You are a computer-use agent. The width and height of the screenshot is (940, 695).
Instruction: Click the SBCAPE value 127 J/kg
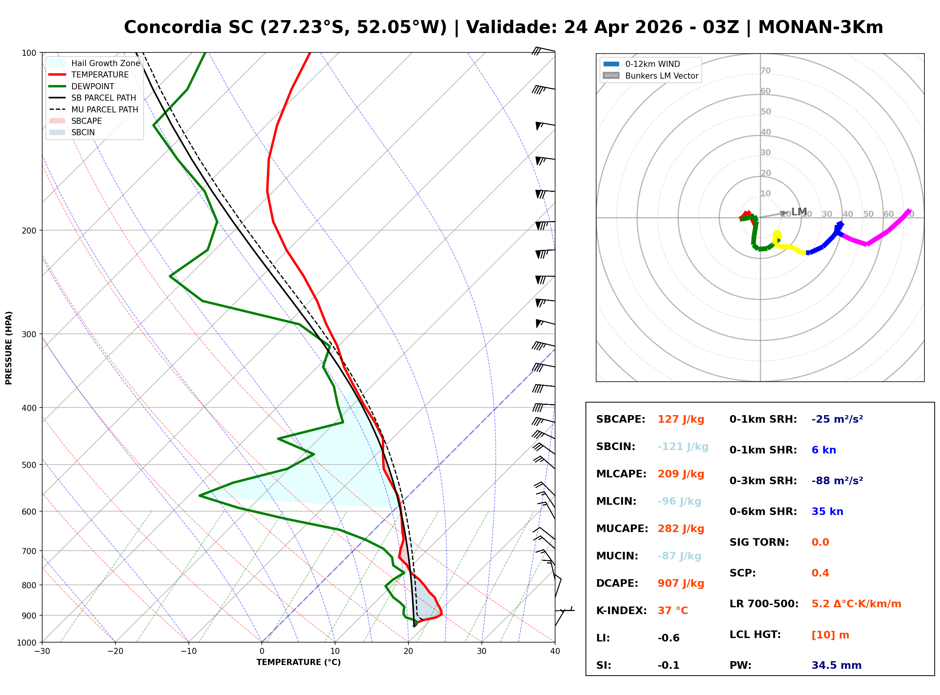tap(680, 419)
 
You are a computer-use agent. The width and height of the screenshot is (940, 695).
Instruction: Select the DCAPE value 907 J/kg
tap(680, 583)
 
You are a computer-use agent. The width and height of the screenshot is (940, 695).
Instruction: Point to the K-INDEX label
tap(621, 611)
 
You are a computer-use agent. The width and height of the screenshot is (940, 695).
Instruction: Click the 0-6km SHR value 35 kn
tap(827, 512)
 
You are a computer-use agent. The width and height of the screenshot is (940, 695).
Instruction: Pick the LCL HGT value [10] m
tap(830, 635)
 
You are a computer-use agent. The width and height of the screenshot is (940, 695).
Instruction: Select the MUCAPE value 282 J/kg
tap(680, 529)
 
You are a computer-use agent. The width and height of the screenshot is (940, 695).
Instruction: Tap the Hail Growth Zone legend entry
tap(105, 63)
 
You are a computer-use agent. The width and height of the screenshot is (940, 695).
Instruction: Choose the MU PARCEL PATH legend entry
tap(104, 109)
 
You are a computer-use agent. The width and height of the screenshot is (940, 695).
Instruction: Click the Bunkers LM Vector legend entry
tap(661, 76)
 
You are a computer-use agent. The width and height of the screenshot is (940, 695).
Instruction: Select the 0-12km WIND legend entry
tap(652, 64)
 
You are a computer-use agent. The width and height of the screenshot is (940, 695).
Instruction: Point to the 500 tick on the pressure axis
tap(29, 465)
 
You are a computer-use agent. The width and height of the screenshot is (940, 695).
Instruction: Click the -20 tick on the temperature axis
tap(115, 651)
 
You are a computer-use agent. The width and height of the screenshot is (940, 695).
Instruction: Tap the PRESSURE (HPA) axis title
tap(9, 348)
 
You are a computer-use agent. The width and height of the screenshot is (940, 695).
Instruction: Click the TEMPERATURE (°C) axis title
tap(298, 662)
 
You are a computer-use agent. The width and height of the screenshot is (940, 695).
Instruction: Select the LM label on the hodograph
tap(799, 212)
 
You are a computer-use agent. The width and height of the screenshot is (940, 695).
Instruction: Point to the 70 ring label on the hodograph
tap(765, 70)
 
